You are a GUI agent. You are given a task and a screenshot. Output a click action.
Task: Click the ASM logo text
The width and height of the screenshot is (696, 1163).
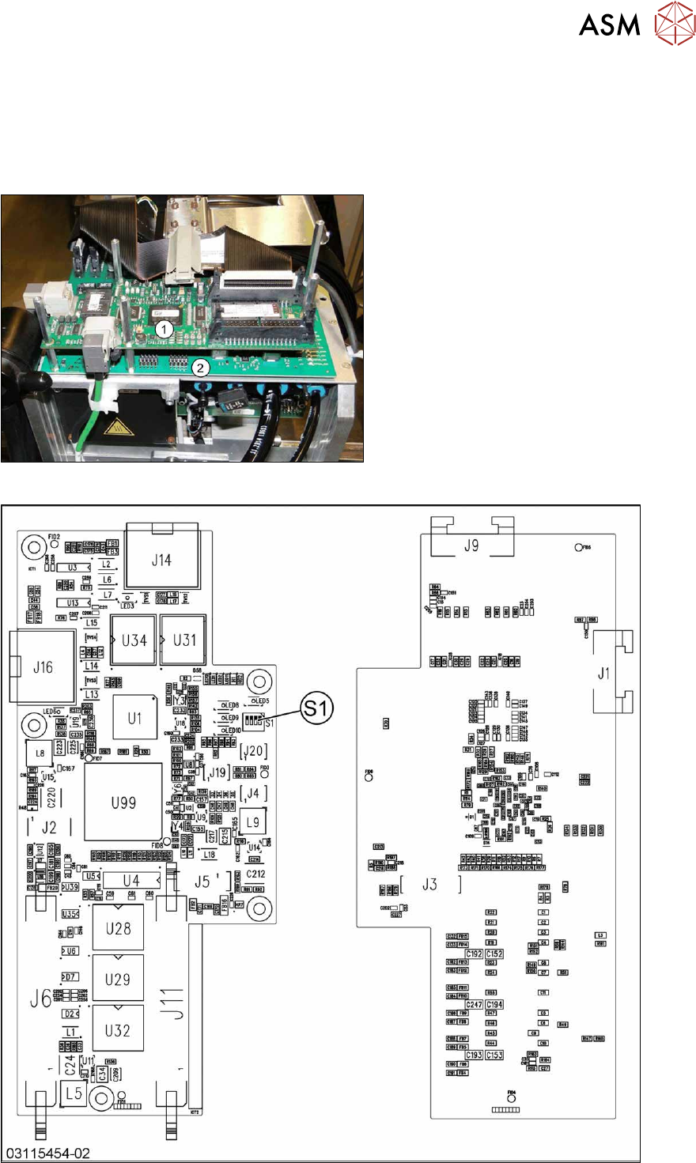point(609,25)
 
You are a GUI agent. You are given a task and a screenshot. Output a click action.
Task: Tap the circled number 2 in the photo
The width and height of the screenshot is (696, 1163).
point(201,367)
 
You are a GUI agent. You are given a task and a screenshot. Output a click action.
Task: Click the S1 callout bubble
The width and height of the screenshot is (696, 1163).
point(316,708)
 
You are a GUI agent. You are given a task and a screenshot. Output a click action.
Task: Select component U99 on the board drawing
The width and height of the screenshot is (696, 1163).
point(123,802)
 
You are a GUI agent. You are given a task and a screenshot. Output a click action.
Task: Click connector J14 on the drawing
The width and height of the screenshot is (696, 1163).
point(161,560)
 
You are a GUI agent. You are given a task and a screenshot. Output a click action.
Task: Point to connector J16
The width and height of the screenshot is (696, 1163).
point(43,666)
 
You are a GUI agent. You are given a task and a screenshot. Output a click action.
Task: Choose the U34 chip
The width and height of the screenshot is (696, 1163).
point(134,640)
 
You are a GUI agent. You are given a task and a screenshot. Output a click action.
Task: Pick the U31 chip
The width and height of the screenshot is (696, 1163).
point(184,640)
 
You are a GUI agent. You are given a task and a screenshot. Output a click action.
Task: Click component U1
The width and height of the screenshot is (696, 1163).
point(134,718)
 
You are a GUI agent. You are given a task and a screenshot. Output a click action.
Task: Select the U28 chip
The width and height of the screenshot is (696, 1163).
point(118,928)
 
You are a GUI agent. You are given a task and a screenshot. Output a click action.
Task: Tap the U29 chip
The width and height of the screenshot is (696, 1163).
point(118,980)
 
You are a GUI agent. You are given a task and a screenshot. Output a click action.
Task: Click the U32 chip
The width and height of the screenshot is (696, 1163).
point(118,1030)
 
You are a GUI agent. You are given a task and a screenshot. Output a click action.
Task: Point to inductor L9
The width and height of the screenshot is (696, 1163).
point(252,822)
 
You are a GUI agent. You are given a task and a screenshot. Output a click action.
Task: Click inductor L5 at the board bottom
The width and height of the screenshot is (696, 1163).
point(74,1093)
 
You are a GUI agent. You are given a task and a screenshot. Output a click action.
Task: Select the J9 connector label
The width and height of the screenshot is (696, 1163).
point(471,546)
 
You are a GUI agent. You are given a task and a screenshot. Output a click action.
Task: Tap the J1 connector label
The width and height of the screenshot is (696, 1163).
point(604,674)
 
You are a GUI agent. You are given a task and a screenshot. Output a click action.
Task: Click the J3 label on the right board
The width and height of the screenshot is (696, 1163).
point(429,884)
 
